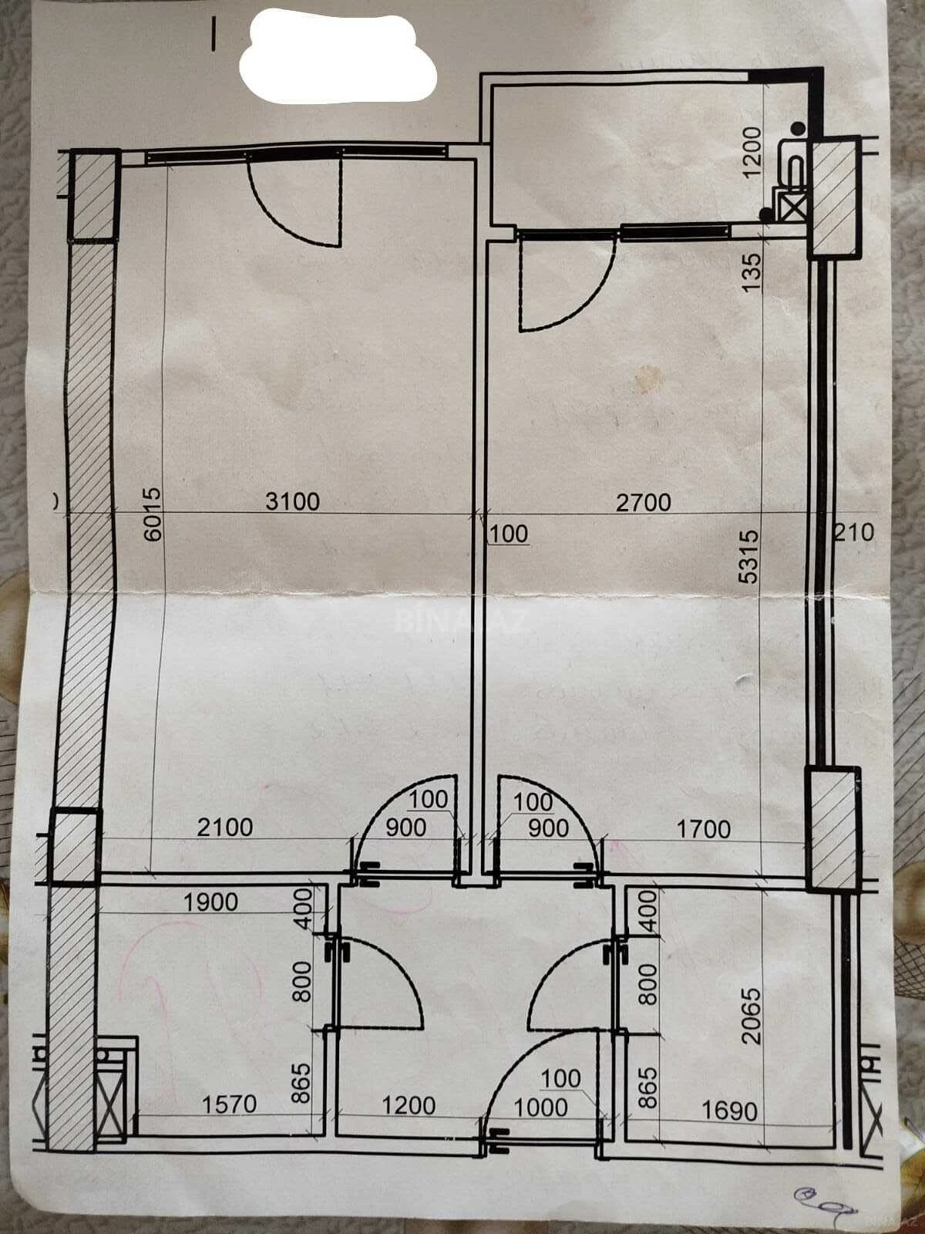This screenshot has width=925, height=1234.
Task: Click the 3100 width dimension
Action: (292, 501)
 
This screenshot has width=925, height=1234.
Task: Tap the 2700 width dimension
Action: (644, 503)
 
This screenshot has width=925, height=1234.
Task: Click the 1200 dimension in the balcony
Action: (752, 148)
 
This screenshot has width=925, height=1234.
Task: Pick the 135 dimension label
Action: (752, 270)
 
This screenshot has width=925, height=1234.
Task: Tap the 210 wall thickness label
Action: (856, 532)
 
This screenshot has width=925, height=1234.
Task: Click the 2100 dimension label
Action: (224, 828)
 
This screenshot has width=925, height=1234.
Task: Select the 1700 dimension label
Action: (703, 829)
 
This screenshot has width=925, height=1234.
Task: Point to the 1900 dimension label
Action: (210, 902)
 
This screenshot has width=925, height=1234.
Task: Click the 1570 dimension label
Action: (229, 1104)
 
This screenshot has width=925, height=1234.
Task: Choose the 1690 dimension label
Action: (729, 1111)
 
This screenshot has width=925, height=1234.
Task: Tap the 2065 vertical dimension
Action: (751, 1016)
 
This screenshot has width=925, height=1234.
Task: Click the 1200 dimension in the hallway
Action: (409, 1105)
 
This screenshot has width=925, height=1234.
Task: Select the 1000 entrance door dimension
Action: (540, 1108)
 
